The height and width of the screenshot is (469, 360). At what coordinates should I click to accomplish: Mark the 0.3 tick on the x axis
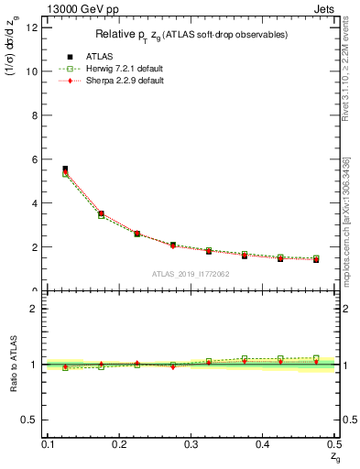click(x=191, y=443)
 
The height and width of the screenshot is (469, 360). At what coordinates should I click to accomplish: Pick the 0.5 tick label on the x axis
click(x=334, y=443)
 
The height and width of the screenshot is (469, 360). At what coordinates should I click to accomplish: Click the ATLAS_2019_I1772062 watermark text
click(x=191, y=274)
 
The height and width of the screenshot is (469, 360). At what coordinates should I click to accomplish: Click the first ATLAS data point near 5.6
click(x=65, y=169)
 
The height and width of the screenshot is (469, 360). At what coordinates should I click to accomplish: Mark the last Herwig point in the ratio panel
click(x=316, y=358)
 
